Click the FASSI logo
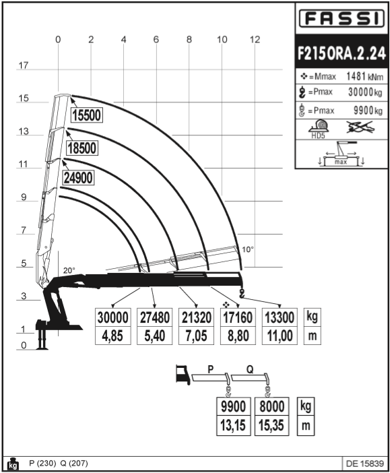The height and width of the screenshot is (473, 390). [x=342, y=18]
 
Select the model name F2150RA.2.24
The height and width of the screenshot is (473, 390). [x=342, y=53]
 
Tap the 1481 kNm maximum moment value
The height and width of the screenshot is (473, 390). [x=364, y=76]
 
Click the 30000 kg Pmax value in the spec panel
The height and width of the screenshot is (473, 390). [x=365, y=92]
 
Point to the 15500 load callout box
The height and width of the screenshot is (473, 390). [x=87, y=115]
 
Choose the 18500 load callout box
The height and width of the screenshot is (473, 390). [x=82, y=148]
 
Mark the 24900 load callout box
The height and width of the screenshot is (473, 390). [x=78, y=177]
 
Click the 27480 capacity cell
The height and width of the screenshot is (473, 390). [x=154, y=317]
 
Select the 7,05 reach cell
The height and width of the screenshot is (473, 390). [x=196, y=336]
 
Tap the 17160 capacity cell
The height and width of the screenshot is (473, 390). [x=238, y=317]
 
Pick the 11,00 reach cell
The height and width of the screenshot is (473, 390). [x=280, y=336]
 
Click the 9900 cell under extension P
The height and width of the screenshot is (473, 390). [x=234, y=406]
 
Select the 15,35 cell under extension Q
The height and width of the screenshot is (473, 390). [x=271, y=425]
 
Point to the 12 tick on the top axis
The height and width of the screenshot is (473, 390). [x=255, y=40]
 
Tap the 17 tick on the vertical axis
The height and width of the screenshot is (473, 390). [x=23, y=65]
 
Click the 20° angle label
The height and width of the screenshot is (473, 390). [x=69, y=270]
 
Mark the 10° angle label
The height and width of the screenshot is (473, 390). [x=248, y=249]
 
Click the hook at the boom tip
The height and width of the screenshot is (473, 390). [x=241, y=293]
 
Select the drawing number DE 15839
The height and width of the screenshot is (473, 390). [x=364, y=464]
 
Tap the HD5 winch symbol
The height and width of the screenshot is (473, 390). [x=319, y=129]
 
